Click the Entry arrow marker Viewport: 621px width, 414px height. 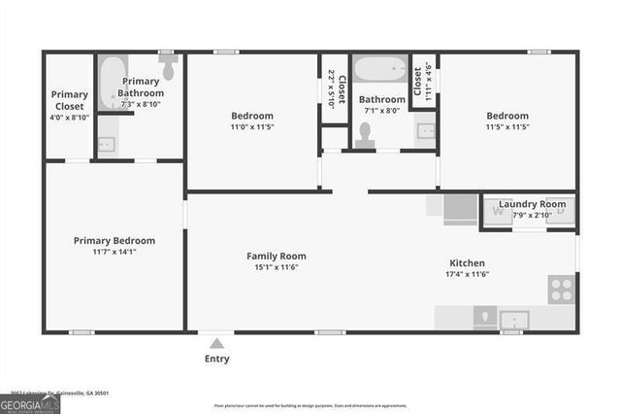click(x=217, y=342)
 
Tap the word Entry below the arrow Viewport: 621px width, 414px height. click(x=217, y=360)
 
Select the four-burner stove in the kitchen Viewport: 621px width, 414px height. click(x=561, y=289)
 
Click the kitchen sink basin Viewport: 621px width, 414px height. click(x=512, y=319)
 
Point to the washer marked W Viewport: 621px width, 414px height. click(x=498, y=211)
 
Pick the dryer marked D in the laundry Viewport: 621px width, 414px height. click(x=561, y=211)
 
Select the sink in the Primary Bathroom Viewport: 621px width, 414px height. click(x=107, y=144)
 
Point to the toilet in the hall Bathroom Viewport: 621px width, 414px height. click(x=365, y=138)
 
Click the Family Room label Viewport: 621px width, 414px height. click(x=277, y=256)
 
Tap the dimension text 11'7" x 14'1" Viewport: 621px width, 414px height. click(x=114, y=252)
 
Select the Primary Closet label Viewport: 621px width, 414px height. click(x=70, y=100)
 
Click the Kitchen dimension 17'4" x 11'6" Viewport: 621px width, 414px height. click(x=467, y=275)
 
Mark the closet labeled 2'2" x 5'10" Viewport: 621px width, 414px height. click(x=335, y=88)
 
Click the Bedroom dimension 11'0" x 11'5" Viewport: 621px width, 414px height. click(x=251, y=126)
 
